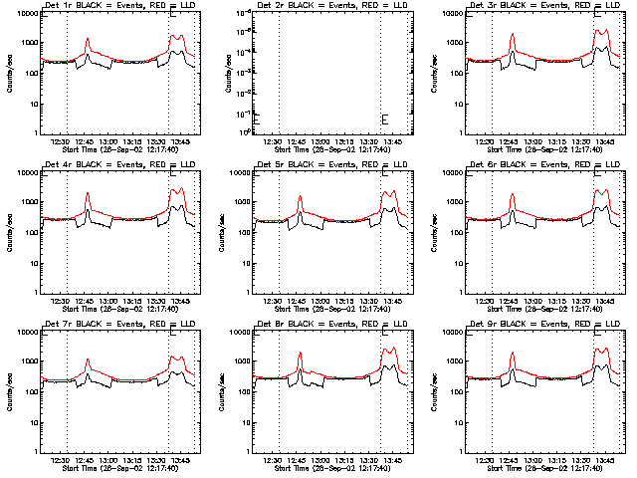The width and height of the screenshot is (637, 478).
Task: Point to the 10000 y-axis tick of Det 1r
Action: pos(25,14)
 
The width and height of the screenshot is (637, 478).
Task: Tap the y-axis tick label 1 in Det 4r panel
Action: pos(35,293)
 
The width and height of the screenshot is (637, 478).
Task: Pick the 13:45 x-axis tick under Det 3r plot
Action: pos(606,141)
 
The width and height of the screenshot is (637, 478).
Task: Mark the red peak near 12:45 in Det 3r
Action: pos(513,35)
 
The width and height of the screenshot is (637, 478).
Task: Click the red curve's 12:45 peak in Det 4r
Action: pos(88,193)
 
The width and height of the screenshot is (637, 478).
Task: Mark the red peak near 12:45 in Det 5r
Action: pos(300,197)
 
